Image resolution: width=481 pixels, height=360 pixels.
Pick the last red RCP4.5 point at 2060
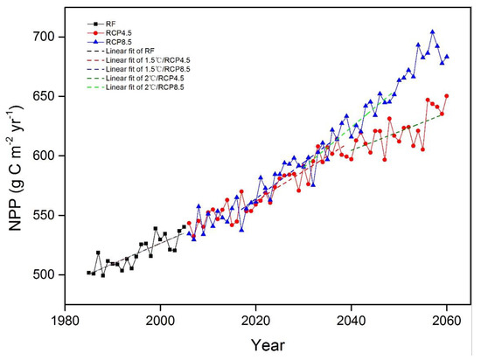[447, 96]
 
